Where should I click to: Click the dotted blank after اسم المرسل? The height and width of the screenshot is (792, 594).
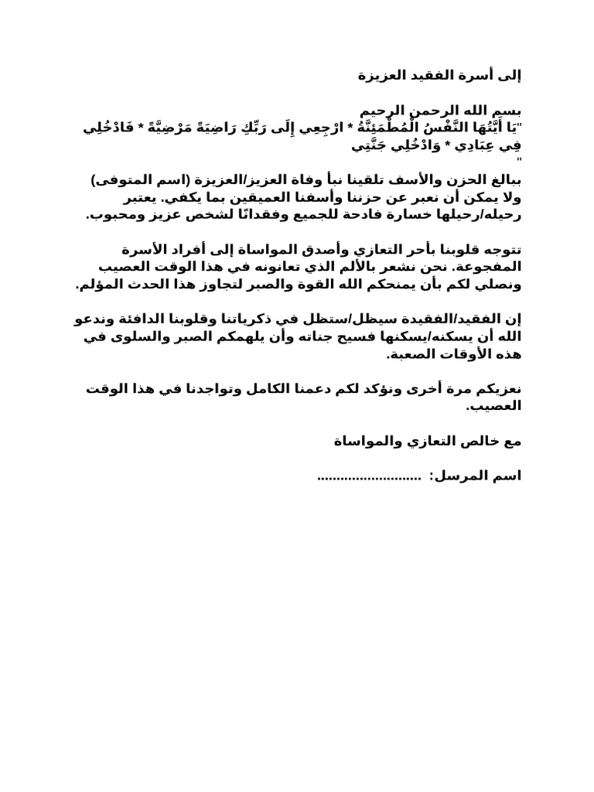(368, 476)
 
